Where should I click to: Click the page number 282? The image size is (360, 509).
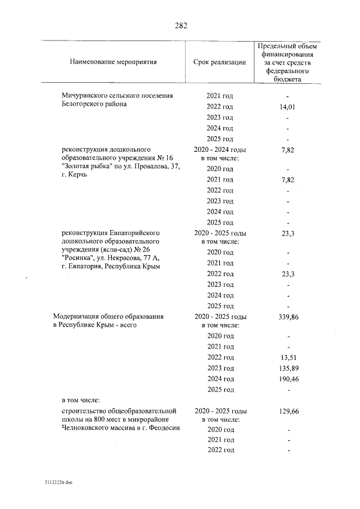click(181, 26)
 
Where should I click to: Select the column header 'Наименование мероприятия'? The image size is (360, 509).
click(113, 62)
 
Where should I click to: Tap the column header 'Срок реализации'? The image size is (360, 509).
click(219, 62)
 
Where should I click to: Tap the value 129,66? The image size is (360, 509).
click(288, 411)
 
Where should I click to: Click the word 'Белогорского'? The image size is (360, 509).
click(82, 104)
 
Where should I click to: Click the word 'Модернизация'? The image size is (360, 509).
click(75, 317)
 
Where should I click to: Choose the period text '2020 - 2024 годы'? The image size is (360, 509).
click(220, 150)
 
